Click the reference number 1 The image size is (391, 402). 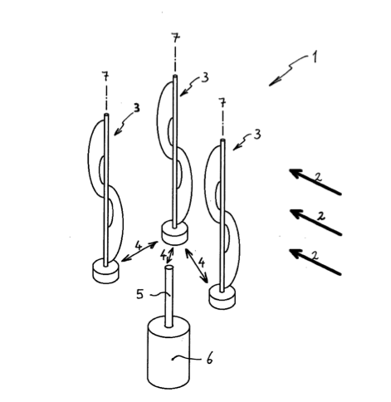tap(315, 56)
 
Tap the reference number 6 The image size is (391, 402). tap(209, 359)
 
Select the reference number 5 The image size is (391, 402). tap(140, 294)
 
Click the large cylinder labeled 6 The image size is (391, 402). tap(169, 352)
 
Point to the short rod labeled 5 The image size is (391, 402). tap(169, 297)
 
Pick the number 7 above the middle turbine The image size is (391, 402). tap(175, 38)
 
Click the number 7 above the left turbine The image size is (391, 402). tap(105, 76)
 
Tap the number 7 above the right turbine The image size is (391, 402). tap(222, 102)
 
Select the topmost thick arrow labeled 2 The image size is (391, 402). tap(315, 182)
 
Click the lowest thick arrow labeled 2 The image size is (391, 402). tap(315, 262)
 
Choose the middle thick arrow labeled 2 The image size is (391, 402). tap(315, 222)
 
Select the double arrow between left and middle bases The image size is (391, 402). tap(139, 252)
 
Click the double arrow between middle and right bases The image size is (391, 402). tap(197, 266)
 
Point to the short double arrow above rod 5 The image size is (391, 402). tap(170, 256)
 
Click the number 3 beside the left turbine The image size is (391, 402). tap(136, 108)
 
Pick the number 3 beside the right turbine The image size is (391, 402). tap(257, 135)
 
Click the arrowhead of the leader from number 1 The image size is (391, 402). tap(272, 83)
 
